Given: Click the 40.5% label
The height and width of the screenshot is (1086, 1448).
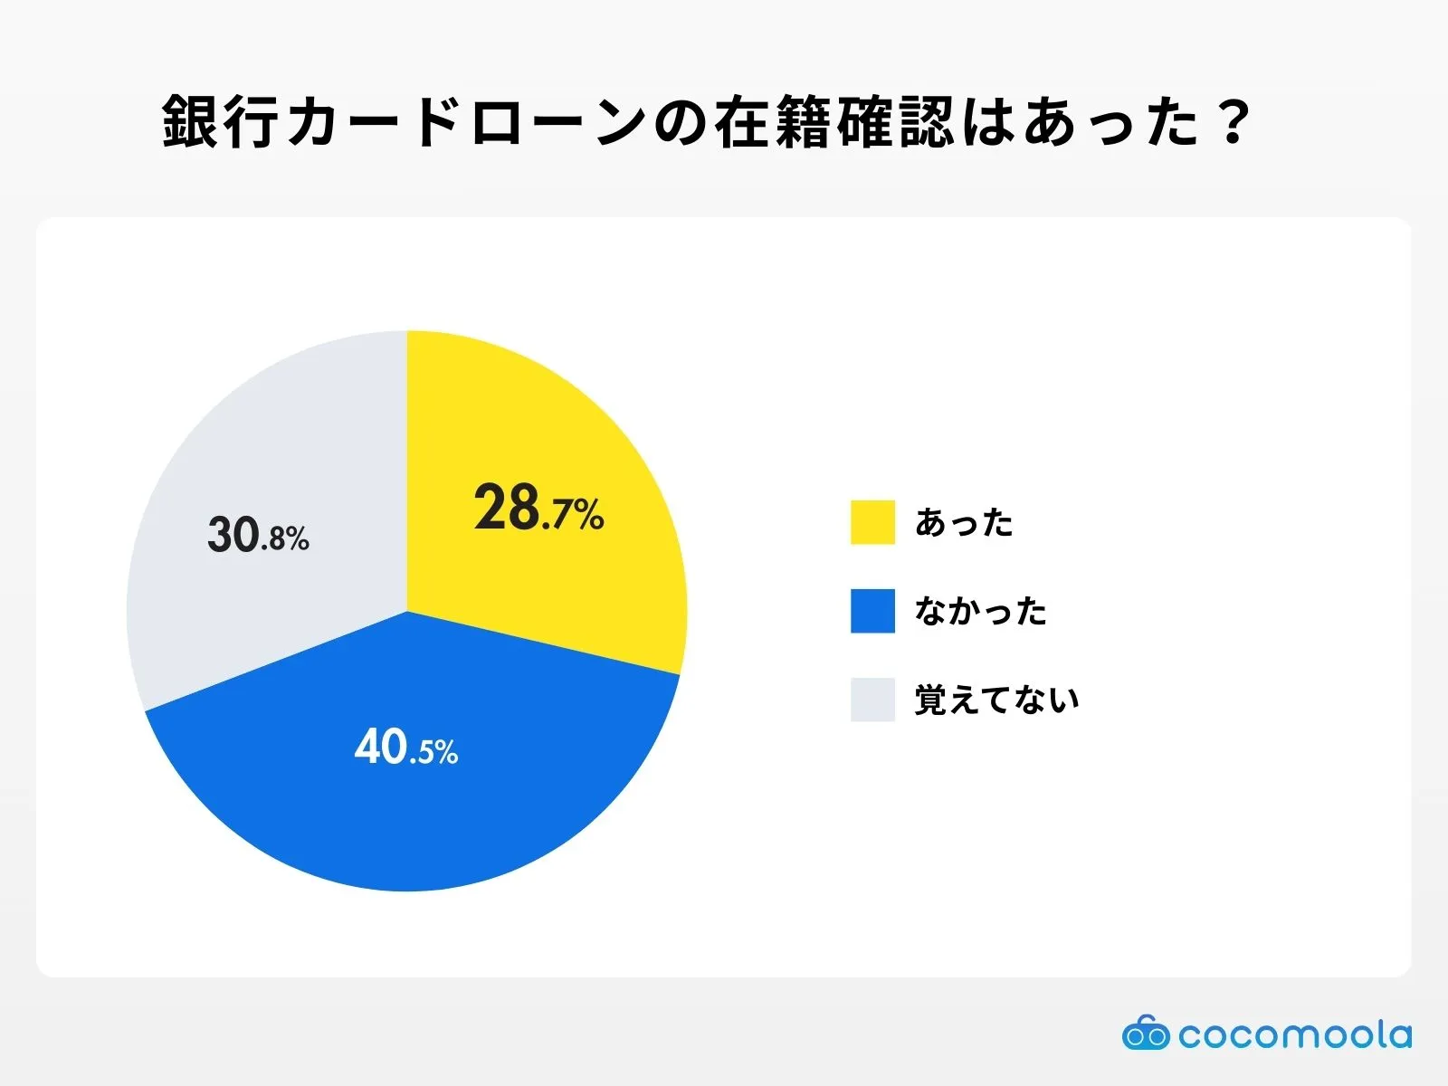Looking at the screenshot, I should click(x=406, y=748).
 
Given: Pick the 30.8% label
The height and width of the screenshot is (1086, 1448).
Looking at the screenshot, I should click(x=259, y=535).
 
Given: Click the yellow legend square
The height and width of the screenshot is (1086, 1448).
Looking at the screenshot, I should click(x=872, y=522).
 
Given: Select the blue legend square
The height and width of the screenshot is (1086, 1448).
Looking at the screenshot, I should click(x=872, y=611).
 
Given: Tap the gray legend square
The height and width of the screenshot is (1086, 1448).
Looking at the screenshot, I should click(x=872, y=700).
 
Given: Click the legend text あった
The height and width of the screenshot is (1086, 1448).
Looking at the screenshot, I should click(x=964, y=523).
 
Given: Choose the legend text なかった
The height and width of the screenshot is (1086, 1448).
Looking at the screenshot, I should click(x=981, y=612).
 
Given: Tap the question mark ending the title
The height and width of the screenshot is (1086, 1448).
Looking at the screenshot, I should click(x=1233, y=121).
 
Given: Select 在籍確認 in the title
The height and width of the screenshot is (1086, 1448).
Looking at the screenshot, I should click(x=834, y=121).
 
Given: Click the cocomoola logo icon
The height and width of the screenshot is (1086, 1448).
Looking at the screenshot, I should click(x=1146, y=1033).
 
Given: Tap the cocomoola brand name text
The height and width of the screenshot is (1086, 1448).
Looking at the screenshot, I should click(x=1295, y=1034).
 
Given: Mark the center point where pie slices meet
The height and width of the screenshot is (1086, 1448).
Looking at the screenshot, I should click(x=407, y=612).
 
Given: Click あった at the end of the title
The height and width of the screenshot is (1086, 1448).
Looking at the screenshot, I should click(x=1110, y=121).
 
